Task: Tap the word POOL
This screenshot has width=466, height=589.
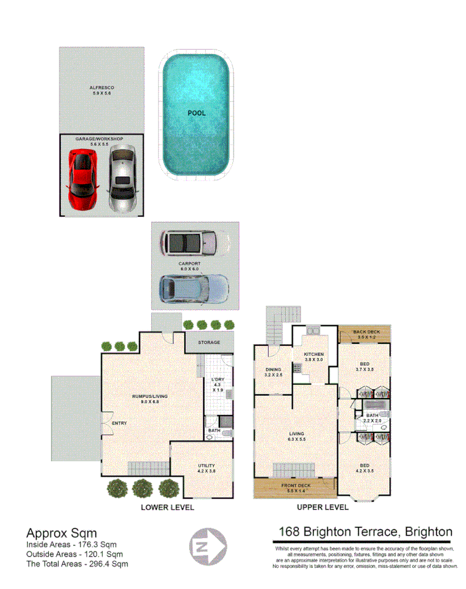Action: coord(196,113)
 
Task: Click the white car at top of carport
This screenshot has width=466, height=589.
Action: coord(193,244)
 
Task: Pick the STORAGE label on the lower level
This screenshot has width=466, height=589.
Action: coord(209,342)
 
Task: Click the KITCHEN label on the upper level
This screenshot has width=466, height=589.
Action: coord(314,354)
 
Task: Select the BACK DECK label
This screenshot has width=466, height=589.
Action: coord(366,332)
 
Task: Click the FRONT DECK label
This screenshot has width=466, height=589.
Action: coord(296,485)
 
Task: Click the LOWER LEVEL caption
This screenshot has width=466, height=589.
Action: coord(167,507)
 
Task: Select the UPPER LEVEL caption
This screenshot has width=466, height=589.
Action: coord(322,507)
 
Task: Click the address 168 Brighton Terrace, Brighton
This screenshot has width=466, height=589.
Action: coord(365,532)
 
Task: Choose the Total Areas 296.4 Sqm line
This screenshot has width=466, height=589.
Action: coord(77,564)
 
